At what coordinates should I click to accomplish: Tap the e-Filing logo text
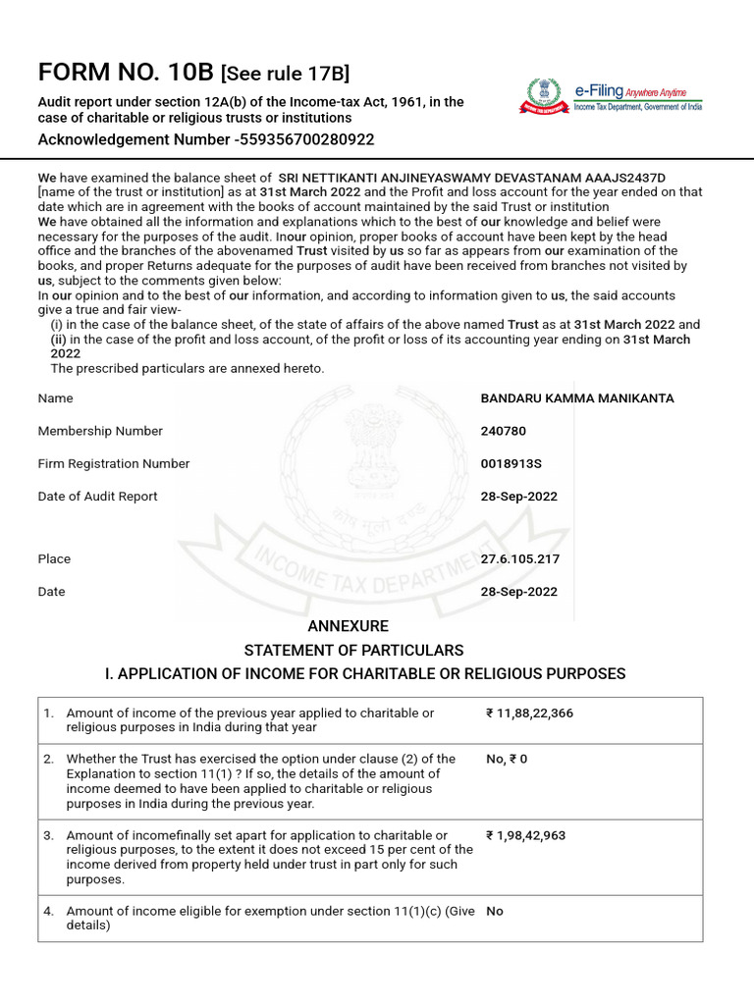[x=599, y=91]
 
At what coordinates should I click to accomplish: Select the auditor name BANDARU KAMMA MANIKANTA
[x=577, y=398]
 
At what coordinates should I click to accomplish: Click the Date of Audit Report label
[x=97, y=496]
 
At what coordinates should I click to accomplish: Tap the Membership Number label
[x=100, y=431]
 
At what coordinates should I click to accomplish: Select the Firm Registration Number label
[x=114, y=463]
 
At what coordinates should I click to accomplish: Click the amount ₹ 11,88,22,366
[x=529, y=714]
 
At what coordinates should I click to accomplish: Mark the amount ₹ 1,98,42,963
[x=525, y=835]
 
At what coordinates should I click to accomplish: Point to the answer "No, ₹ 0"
[x=507, y=759]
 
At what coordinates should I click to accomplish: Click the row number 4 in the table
[x=48, y=911]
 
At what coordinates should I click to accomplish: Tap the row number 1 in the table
[x=48, y=714]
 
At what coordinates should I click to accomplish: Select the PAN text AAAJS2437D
[x=631, y=178]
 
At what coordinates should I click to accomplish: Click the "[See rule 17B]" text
[x=286, y=74]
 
